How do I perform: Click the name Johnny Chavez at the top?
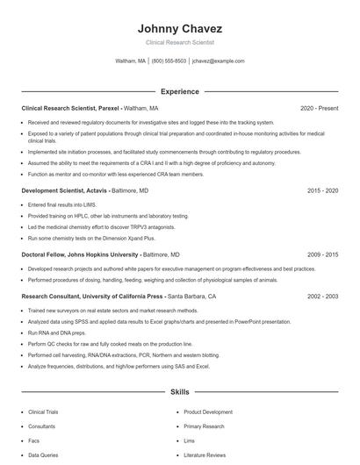tap(179, 28)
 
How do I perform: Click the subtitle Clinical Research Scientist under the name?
tap(179, 42)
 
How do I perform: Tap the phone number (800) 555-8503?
tap(169, 61)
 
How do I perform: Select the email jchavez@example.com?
tap(218, 61)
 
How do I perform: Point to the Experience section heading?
tap(179, 91)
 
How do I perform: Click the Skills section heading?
tap(179, 391)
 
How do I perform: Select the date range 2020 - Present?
tap(319, 108)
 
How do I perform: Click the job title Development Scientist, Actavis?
tap(64, 190)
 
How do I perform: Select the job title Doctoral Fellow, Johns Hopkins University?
tap(80, 254)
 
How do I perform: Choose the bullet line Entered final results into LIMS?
tap(64, 204)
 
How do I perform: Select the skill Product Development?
tap(208, 411)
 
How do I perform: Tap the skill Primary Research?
tap(204, 426)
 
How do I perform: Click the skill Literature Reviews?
tap(205, 455)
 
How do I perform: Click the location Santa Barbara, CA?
tap(191, 297)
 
